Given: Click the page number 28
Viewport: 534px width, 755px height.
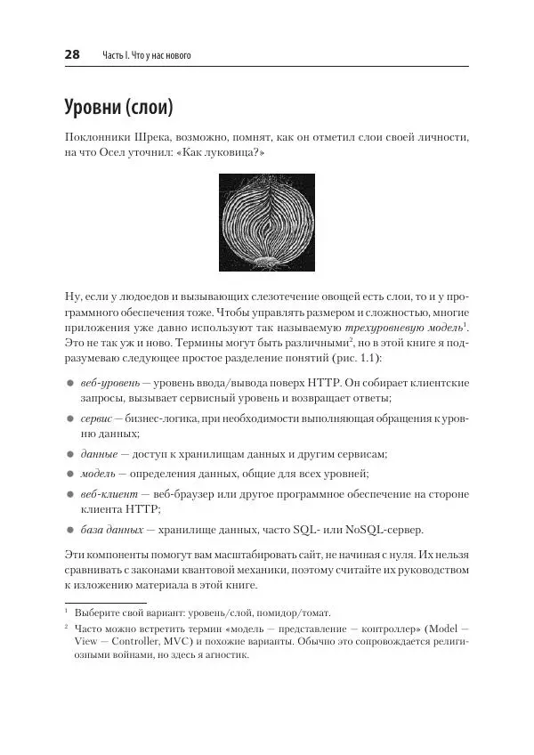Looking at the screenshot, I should [x=73, y=55].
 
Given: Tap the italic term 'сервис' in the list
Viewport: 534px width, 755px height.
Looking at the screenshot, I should [x=96, y=418].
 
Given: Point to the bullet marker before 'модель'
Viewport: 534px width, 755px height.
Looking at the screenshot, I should [x=70, y=474].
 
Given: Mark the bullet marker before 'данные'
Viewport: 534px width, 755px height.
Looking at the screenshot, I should [x=70, y=453].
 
